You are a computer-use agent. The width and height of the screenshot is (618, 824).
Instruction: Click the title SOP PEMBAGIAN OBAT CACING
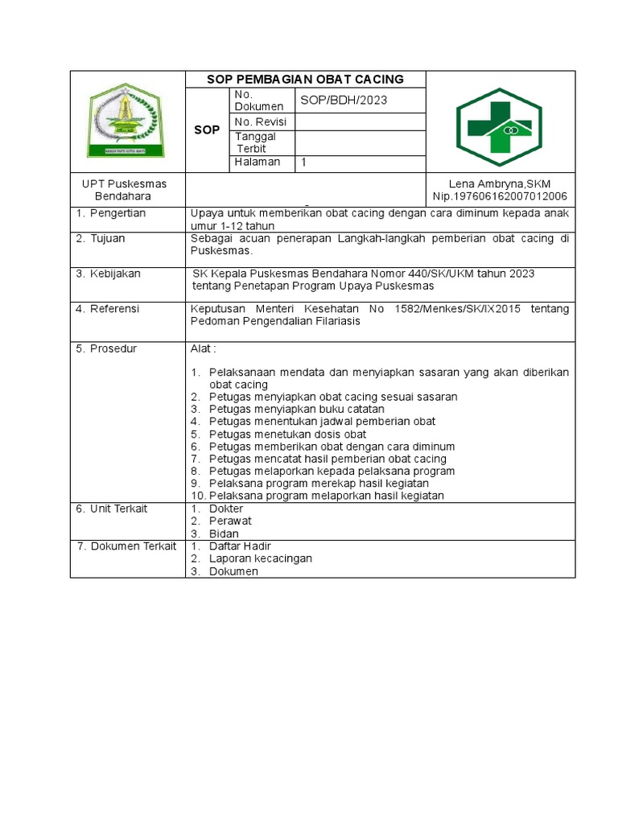coord(305,79)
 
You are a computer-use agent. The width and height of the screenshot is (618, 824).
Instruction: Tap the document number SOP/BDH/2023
coord(344,100)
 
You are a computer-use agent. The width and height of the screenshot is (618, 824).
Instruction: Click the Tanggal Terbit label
coord(255,142)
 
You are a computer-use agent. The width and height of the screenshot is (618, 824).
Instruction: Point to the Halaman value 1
coord(304,162)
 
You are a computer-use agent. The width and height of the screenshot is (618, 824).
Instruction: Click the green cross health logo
coord(499,127)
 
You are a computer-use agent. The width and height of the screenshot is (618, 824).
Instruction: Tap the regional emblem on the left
coord(126,122)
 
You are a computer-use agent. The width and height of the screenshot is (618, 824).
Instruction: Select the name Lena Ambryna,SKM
coord(500,184)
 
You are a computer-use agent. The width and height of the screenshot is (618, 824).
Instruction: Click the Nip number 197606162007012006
coord(500,196)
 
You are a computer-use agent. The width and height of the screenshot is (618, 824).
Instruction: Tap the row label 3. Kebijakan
coord(108,274)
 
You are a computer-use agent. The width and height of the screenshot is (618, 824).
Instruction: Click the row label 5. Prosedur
coord(106,348)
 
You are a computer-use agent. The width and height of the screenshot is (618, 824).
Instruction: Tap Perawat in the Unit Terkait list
coord(230,521)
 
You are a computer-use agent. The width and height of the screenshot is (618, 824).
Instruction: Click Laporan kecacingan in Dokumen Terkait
coord(260,558)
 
